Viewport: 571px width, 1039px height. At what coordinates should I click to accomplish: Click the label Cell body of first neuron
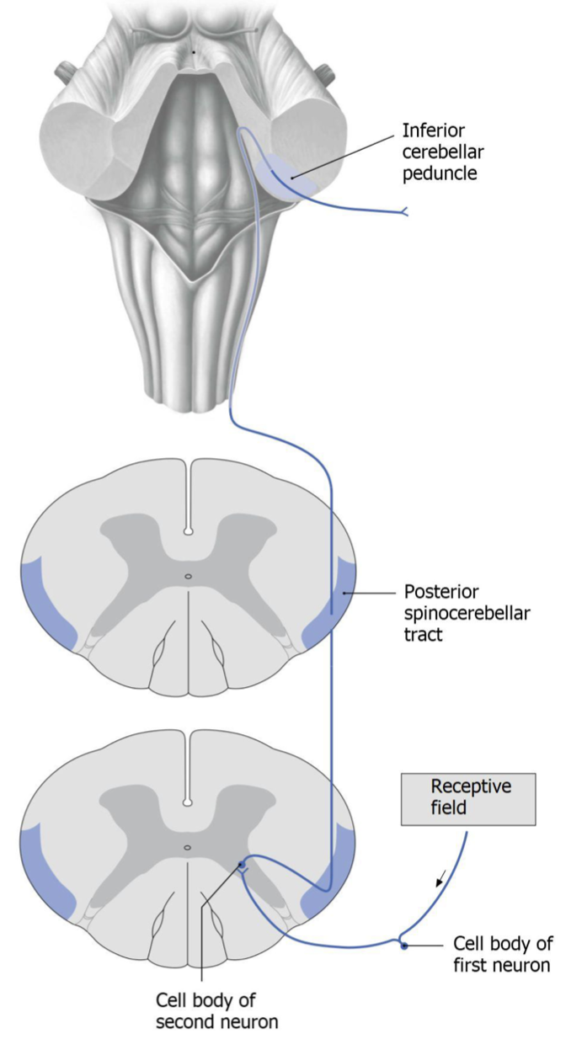point(502,953)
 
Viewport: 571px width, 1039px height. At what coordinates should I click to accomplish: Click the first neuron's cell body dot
point(404,946)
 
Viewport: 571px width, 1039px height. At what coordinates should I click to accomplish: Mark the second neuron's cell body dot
point(242,864)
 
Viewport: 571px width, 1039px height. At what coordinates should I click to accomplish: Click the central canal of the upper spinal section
point(189,577)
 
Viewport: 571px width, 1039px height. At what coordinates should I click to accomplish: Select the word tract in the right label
point(423,633)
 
